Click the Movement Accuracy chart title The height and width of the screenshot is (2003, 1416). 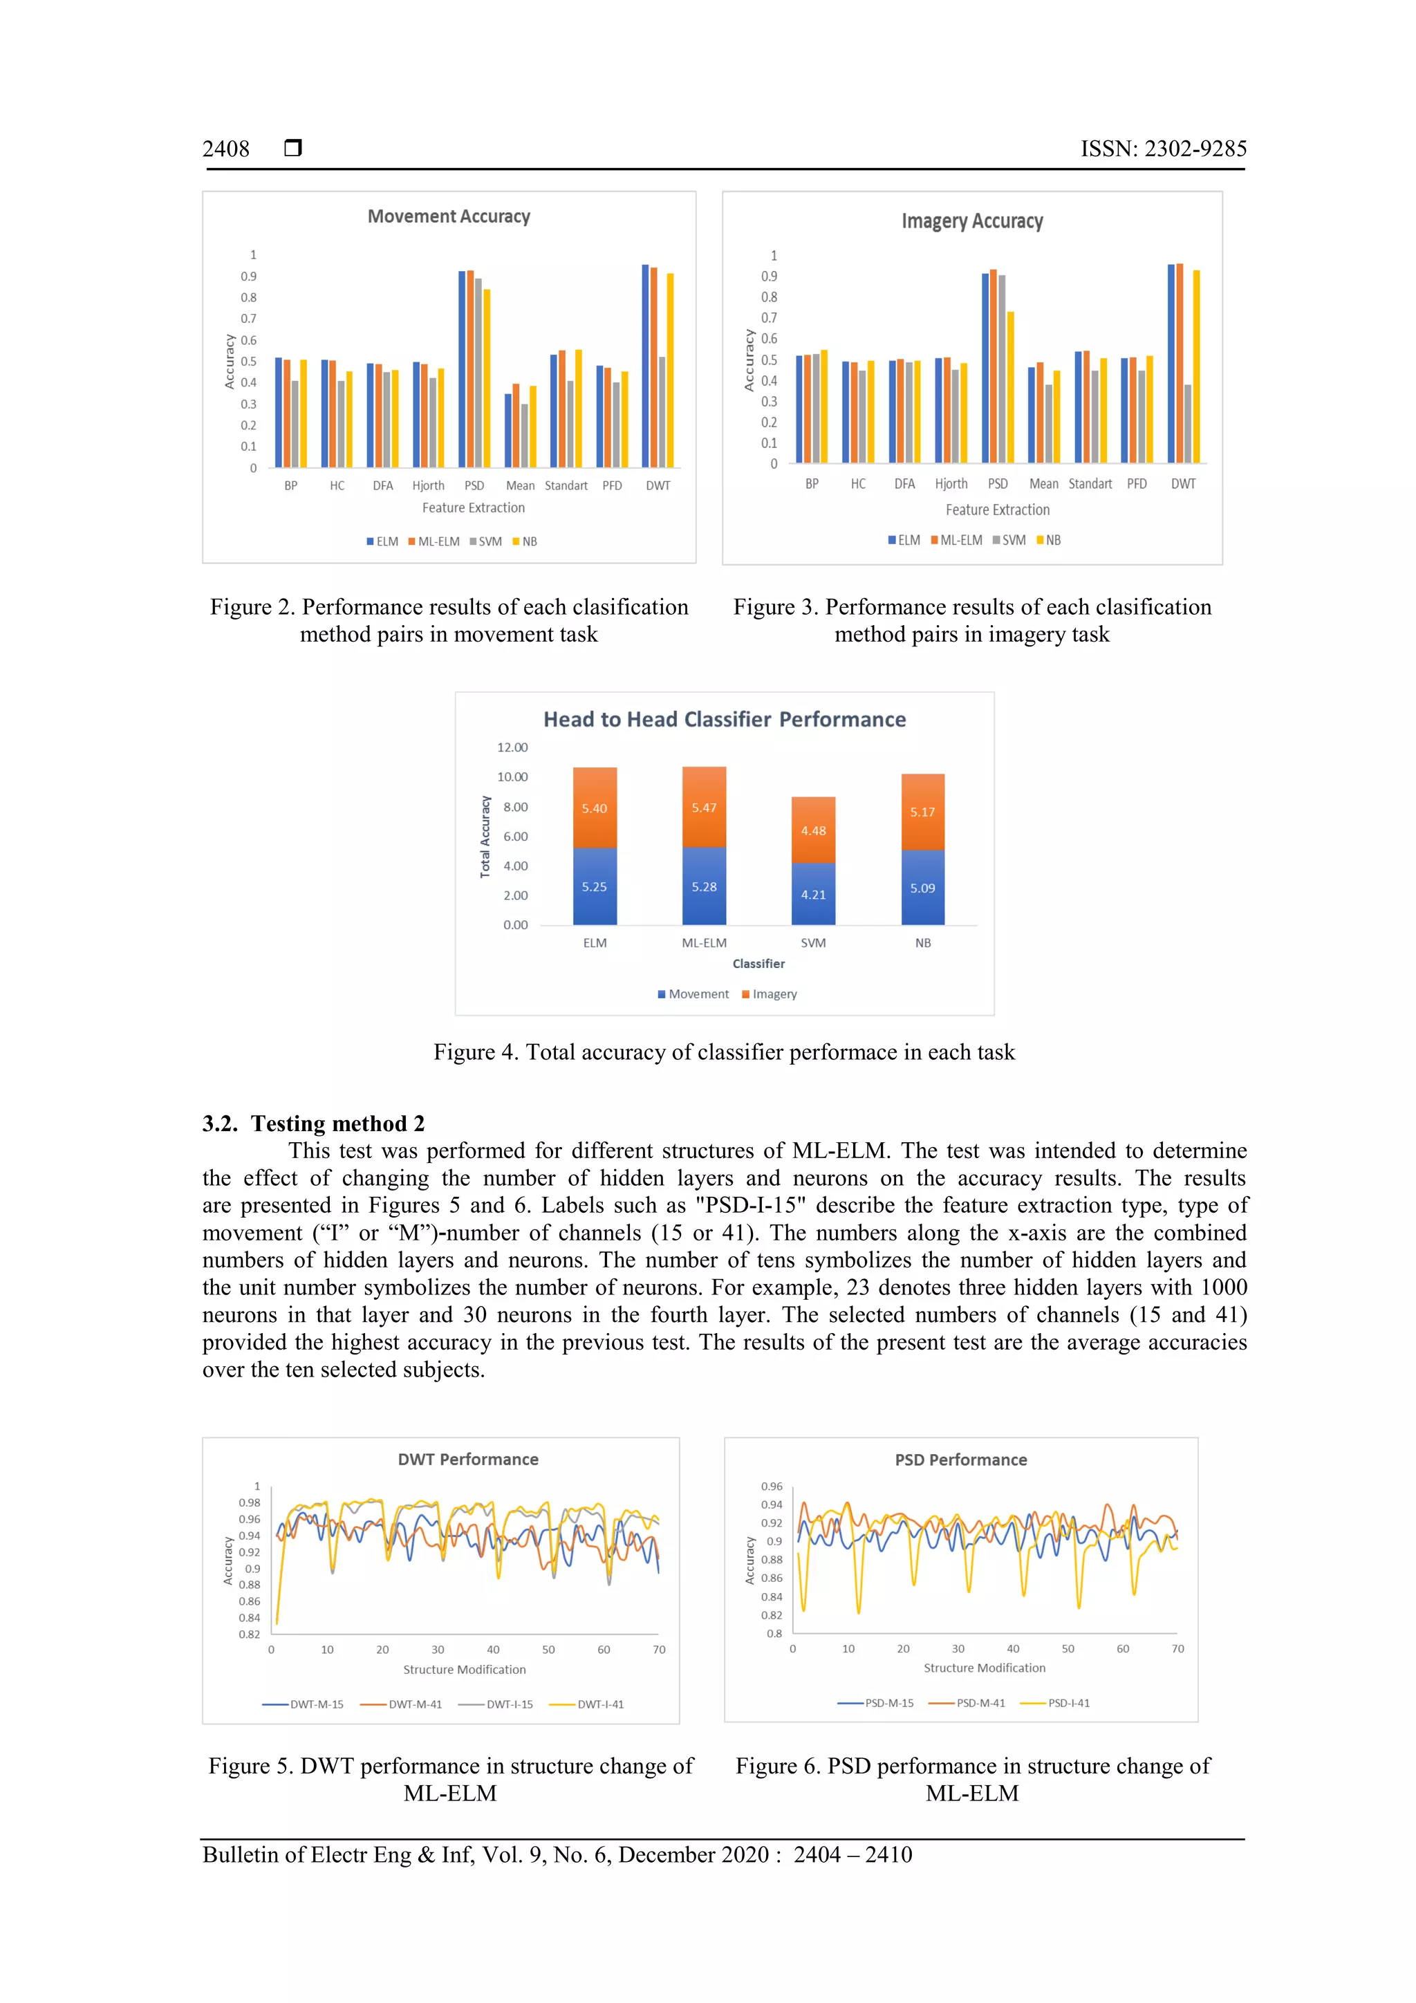pyautogui.click(x=449, y=216)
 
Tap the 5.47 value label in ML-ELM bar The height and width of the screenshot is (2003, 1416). pyautogui.click(x=703, y=808)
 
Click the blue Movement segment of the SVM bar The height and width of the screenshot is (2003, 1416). pyautogui.click(x=813, y=894)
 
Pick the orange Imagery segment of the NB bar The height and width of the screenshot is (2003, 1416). pyautogui.click(x=922, y=811)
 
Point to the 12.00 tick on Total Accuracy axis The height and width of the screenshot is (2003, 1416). pyautogui.click(x=512, y=747)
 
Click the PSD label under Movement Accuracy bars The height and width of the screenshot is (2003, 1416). pyautogui.click(x=474, y=486)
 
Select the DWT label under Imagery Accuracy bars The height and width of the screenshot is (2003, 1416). pyautogui.click(x=1182, y=484)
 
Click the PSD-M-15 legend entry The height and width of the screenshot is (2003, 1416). pyautogui.click(x=876, y=1703)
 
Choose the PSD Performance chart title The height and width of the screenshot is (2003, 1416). pyautogui.click(x=960, y=1460)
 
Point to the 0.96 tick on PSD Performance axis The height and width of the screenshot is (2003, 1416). pyautogui.click(x=771, y=1487)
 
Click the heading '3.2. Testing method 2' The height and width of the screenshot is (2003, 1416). pyautogui.click(x=313, y=1123)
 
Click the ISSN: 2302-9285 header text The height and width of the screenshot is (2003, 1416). pyautogui.click(x=1163, y=149)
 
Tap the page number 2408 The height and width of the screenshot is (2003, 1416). pyautogui.click(x=226, y=149)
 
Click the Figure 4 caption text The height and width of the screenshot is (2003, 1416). pyautogui.click(x=723, y=1052)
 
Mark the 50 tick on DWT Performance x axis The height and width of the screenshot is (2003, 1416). pyautogui.click(x=548, y=1650)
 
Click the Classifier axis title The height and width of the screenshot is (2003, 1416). pyautogui.click(x=758, y=964)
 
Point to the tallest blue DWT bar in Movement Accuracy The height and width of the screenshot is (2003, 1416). pyautogui.click(x=645, y=366)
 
